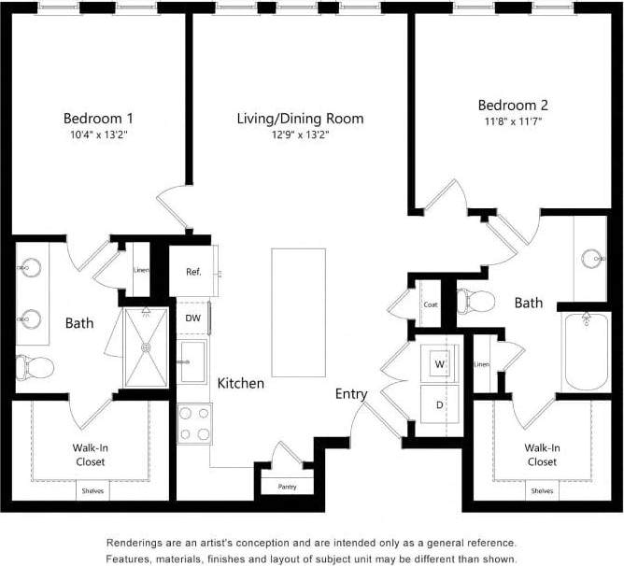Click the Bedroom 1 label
pyautogui.click(x=98, y=119)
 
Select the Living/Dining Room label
pyautogui.click(x=300, y=119)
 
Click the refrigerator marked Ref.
pyautogui.click(x=193, y=272)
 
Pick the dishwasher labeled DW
pyautogui.click(x=193, y=318)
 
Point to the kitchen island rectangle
pyautogui.click(x=299, y=311)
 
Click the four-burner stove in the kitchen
pyautogui.click(x=194, y=423)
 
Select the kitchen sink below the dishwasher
pyautogui.click(x=194, y=362)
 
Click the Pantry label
pyautogui.click(x=288, y=487)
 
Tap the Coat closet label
pyautogui.click(x=430, y=304)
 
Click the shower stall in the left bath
pyautogui.click(x=146, y=347)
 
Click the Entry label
pyautogui.click(x=351, y=394)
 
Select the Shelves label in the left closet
pyautogui.click(x=92, y=490)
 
